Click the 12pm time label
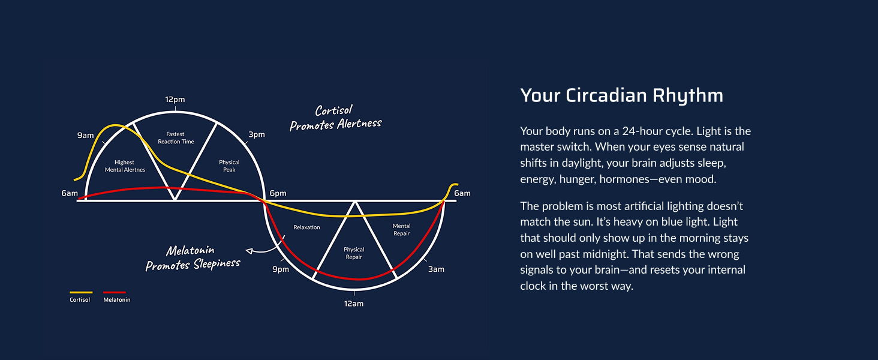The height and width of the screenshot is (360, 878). pos(175,100)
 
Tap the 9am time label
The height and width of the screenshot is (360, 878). pos(85,135)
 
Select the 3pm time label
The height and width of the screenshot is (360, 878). pos(257,134)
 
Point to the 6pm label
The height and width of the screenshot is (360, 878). pos(278,193)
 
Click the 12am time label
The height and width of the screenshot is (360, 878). pos(354,304)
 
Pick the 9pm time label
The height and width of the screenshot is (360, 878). pos(281,269)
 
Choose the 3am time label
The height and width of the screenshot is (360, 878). pos(436,269)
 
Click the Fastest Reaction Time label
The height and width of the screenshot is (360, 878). pos(176,138)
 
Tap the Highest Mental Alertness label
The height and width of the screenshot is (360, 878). pos(125,166)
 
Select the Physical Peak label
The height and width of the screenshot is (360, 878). pos(229,166)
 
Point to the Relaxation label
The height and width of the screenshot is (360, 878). pos(306,227)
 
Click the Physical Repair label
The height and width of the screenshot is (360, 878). pos(354,253)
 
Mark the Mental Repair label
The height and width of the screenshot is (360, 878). pos(402,230)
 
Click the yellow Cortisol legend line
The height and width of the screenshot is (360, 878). pos(81,292)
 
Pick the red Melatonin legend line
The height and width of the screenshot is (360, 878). pos(115,292)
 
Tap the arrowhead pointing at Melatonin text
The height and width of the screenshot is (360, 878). pos(248,251)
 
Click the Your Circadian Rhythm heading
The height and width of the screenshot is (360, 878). pos(622,95)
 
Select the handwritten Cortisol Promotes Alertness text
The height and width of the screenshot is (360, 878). pos(335,118)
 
